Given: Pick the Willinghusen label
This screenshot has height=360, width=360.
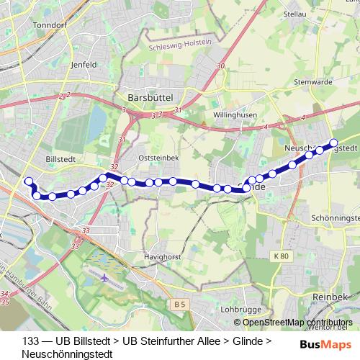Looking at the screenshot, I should click(x=236, y=115).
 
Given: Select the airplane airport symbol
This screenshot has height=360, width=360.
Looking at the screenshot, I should click(x=106, y=277).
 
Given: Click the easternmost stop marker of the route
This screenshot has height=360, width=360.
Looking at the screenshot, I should click(x=333, y=143).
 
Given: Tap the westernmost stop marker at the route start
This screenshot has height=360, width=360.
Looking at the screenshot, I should click(x=29, y=181).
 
